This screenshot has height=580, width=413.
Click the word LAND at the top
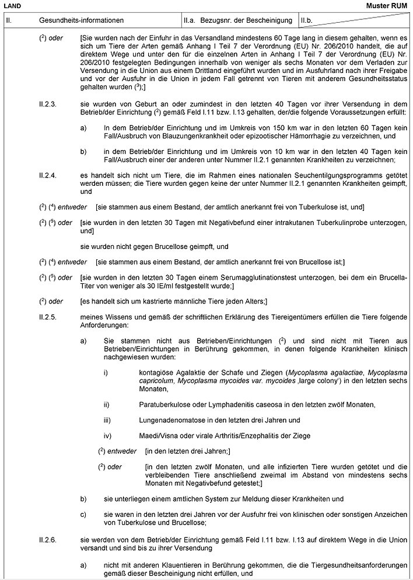click(x=12, y=5)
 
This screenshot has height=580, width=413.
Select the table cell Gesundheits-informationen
click(x=81, y=20)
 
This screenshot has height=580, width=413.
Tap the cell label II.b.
click(x=307, y=20)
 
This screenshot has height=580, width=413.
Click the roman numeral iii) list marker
click(x=107, y=420)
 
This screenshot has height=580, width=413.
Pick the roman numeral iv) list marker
click(x=107, y=435)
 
